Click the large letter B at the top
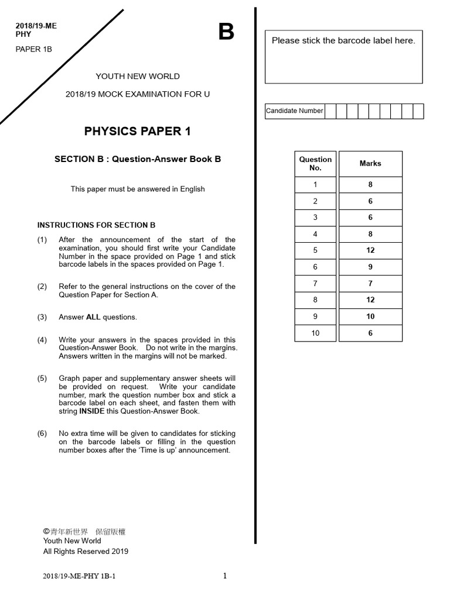pos(226,32)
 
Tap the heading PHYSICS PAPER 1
pos(138,131)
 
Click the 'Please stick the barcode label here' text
pos(343,41)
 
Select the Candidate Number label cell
pos(294,111)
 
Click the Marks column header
pos(370,164)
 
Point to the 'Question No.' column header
pos(315,164)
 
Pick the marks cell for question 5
pos(370,250)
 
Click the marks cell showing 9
pos(370,267)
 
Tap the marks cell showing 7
pos(370,284)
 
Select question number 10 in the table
pos(315,333)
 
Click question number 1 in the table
pos(315,185)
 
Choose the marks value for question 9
pos(370,316)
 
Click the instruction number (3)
pos(42,317)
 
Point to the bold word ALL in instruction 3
pos(93,317)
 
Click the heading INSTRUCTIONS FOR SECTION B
pos(96,225)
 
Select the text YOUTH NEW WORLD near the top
pos(138,77)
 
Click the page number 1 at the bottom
pos(225,576)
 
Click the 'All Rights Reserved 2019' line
pos(86,551)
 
